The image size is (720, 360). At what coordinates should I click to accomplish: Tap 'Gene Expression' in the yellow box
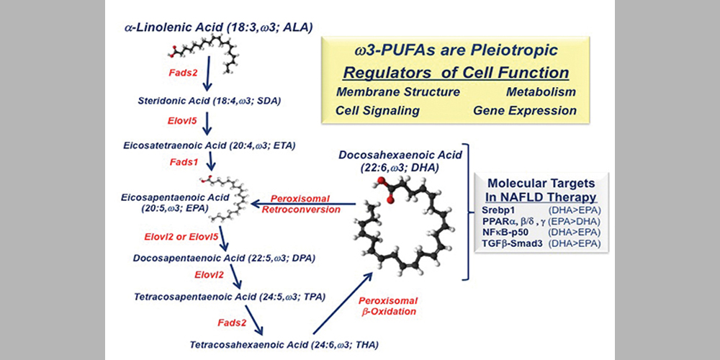coord(525,111)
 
